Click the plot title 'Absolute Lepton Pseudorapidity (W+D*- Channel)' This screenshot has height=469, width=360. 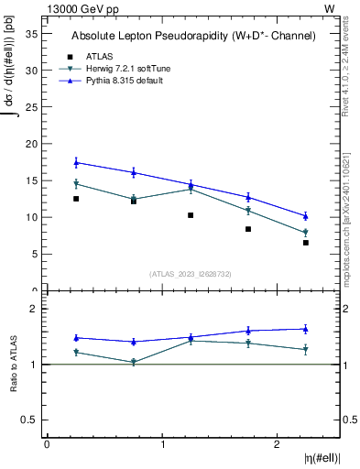point(193,36)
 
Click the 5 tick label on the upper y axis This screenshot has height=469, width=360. point(34,255)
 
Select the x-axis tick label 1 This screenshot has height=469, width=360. point(163,444)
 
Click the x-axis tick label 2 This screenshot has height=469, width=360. point(278,444)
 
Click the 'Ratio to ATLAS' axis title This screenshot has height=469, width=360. point(14,364)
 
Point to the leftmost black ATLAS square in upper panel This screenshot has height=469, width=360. point(76,199)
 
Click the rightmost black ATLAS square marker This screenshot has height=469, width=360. point(306,243)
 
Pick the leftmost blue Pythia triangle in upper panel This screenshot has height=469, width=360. point(76,162)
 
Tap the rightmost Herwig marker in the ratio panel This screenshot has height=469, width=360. point(306,349)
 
